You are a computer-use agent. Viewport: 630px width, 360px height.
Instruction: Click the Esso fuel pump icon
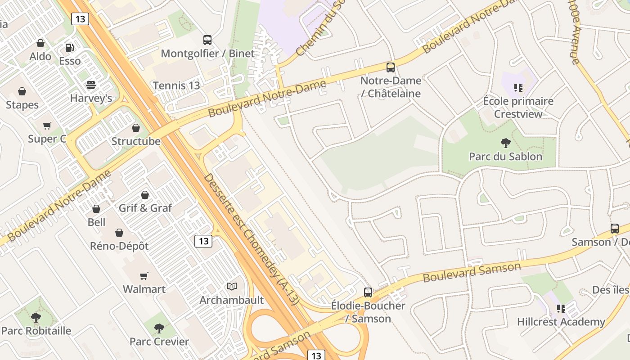(x=70, y=47)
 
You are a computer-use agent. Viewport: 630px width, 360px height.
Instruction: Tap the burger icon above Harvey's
(x=91, y=85)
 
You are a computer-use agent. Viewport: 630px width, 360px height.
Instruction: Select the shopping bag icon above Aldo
(x=40, y=43)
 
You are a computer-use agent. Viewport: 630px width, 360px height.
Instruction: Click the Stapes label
(x=22, y=105)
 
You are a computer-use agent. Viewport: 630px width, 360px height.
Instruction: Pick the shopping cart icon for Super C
(x=47, y=126)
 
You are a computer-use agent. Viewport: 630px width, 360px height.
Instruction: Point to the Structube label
(x=136, y=141)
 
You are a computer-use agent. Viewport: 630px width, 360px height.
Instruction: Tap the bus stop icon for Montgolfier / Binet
(x=207, y=40)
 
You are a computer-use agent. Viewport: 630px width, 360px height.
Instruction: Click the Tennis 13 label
(x=176, y=85)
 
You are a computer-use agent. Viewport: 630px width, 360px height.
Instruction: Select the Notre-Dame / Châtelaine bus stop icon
(x=391, y=67)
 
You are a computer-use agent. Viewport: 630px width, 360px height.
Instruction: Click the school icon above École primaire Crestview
(x=518, y=87)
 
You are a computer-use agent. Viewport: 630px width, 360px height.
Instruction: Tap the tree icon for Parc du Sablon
(x=505, y=143)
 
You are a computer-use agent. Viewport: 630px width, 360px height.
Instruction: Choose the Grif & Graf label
(x=145, y=208)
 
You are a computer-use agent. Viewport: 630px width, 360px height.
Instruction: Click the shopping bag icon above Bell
(x=96, y=209)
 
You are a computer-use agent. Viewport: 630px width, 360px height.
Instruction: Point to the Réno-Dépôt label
(x=119, y=246)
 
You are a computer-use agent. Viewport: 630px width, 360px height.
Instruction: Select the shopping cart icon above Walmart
(x=144, y=276)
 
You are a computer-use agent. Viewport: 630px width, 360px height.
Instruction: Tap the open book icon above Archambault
(x=232, y=286)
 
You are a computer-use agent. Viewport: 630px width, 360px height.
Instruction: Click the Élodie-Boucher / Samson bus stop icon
(x=368, y=292)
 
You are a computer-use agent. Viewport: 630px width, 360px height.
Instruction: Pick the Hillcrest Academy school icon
(x=561, y=309)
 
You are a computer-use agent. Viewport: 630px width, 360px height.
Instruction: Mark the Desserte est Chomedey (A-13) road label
(x=251, y=239)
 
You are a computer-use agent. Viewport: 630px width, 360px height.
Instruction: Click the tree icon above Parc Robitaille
(x=36, y=317)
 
